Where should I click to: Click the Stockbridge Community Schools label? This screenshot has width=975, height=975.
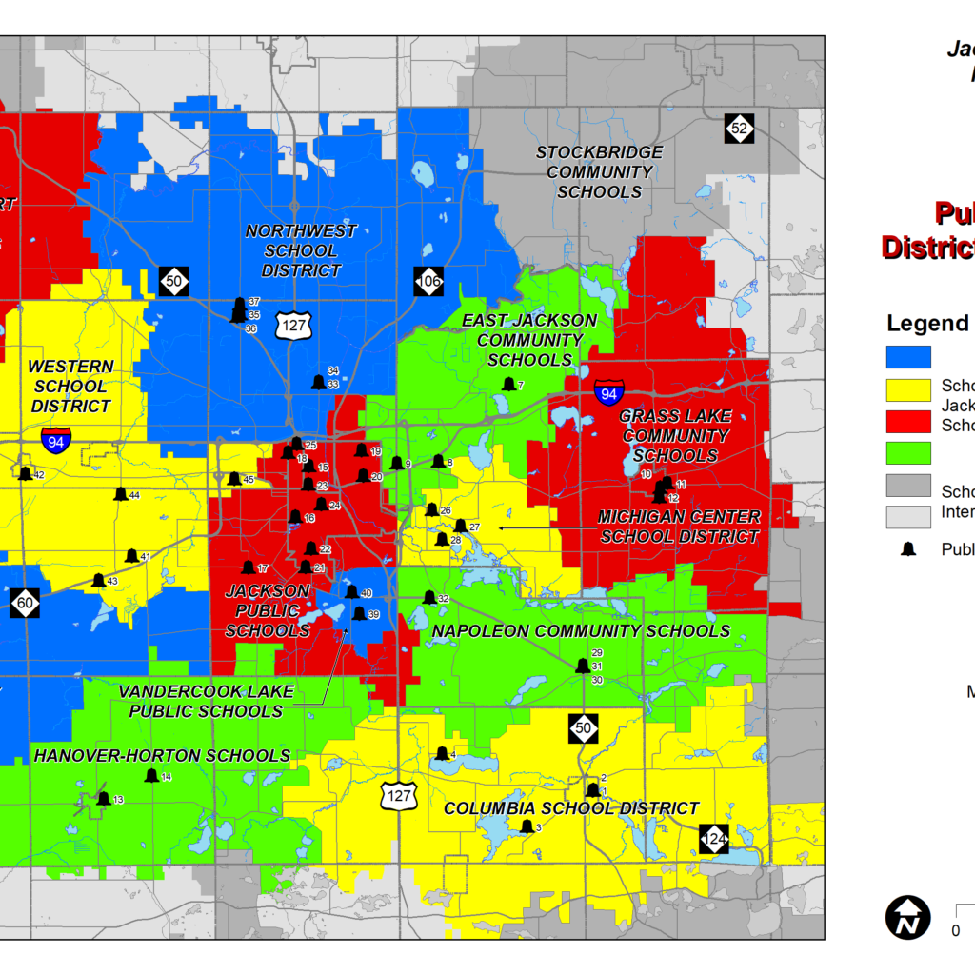[x=599, y=172]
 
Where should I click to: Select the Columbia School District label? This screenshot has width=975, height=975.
[x=571, y=808]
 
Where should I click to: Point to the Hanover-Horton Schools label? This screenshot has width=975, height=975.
[x=162, y=755]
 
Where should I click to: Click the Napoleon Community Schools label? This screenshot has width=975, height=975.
[x=581, y=630]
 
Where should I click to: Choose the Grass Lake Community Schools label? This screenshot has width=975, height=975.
[x=674, y=436]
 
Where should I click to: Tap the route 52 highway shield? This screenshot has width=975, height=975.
[x=739, y=128]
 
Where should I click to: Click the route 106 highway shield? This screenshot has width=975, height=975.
[x=428, y=281]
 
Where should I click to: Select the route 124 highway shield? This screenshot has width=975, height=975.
[x=714, y=839]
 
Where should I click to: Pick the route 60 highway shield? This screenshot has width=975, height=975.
[x=26, y=602]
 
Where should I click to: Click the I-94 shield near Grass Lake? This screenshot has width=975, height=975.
[x=609, y=391]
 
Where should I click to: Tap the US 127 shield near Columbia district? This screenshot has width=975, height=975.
[x=400, y=795]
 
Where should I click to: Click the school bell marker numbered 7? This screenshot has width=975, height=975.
[x=508, y=385]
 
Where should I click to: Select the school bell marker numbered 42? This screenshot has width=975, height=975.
[x=25, y=473]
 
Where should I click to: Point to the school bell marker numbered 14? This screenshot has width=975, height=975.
[x=151, y=776]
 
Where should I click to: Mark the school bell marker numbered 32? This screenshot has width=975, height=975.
[x=428, y=598]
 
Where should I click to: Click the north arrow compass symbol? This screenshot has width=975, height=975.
[x=908, y=917]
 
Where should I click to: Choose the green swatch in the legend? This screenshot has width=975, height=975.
[x=908, y=451]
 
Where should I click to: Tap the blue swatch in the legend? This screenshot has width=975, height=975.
[x=908, y=356]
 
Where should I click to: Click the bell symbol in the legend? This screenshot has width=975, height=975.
[x=908, y=548]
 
